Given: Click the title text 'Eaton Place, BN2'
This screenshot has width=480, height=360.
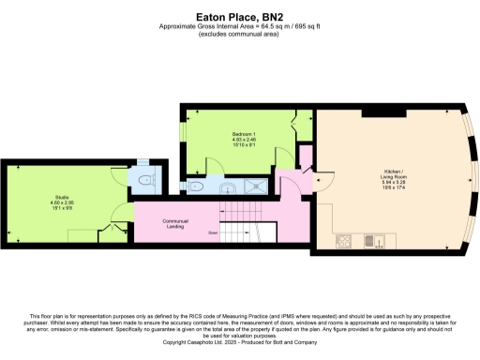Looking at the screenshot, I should click(239, 15).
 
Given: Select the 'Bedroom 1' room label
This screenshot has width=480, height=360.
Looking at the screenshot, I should click(244, 135).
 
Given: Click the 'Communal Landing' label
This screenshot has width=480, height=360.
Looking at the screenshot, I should click(175, 222).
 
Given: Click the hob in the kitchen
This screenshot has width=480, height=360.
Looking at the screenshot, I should click(342, 240).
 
